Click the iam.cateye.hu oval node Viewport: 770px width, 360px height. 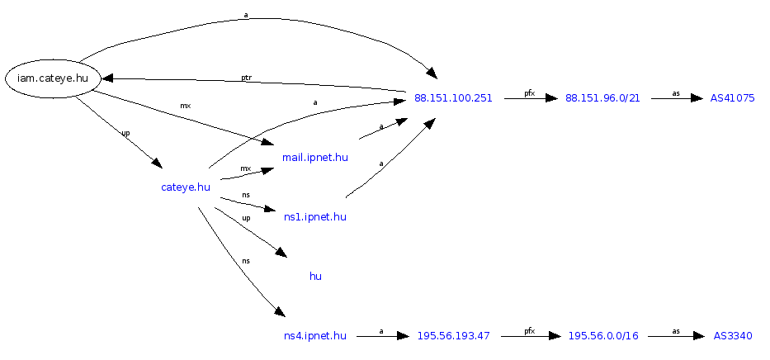point(53,78)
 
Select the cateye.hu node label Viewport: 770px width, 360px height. point(186,187)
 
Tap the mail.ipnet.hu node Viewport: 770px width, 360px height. point(315,157)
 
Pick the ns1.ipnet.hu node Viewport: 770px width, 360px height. point(315,217)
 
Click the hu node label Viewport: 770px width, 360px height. point(315,277)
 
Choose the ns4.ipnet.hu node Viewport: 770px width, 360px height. point(315,336)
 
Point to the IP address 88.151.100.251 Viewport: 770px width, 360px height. point(453,98)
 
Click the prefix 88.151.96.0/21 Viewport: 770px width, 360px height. point(602,98)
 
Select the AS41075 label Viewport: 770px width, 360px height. point(733,98)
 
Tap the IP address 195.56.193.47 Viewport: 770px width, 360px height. point(453,336)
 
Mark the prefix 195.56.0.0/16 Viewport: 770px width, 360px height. point(603,336)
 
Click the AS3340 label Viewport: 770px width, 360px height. point(733,336)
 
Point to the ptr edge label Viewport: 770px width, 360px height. point(246,78)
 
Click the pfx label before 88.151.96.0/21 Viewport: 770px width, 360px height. point(530,93)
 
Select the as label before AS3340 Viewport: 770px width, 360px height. point(676,331)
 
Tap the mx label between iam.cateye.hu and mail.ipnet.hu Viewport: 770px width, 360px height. point(186,106)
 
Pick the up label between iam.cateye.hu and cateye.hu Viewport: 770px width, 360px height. point(125,133)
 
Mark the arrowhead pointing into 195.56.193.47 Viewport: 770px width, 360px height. point(403,336)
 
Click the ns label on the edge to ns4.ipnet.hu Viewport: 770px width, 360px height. point(246,261)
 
